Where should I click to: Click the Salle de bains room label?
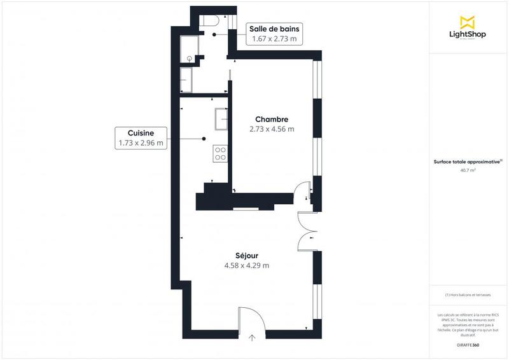(x=275, y=29)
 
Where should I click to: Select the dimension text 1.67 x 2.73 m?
(x=275, y=39)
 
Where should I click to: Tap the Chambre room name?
(x=272, y=119)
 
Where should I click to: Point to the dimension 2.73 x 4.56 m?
(x=272, y=129)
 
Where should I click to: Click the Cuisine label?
(x=141, y=132)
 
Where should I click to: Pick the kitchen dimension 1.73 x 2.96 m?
(x=141, y=143)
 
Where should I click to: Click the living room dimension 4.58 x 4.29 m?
(x=246, y=265)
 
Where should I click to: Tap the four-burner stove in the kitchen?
(x=221, y=153)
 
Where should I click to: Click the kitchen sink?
(x=222, y=118)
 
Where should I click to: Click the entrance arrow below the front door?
(x=253, y=338)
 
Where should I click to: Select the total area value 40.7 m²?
(x=468, y=170)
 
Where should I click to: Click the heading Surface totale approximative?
(x=468, y=162)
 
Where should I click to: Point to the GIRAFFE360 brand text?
(x=468, y=344)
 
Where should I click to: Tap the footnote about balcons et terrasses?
(x=468, y=295)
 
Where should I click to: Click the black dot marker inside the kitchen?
(x=204, y=138)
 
